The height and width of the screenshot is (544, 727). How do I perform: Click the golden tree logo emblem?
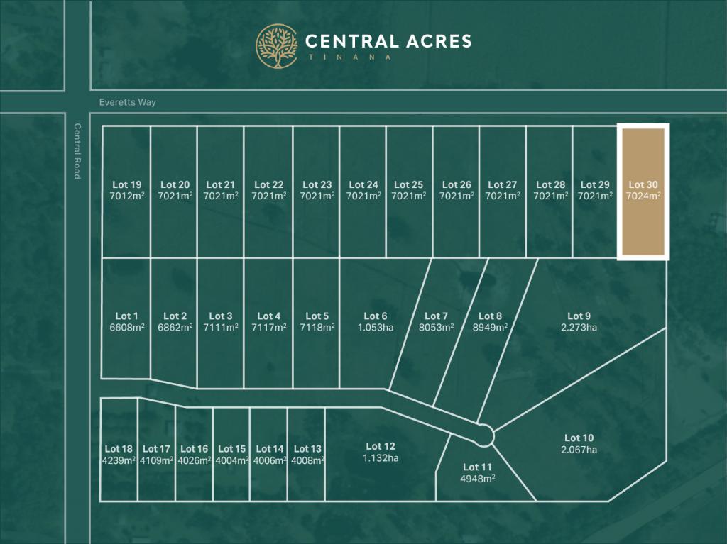(277, 46)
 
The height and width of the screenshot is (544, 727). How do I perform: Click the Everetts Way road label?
(129, 102)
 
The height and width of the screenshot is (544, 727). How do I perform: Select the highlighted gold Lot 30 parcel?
(643, 192)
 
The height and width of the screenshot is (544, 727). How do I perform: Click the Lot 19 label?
(126, 185)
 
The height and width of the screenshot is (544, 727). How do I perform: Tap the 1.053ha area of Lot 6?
(376, 328)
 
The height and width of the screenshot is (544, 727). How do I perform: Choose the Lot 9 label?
(579, 316)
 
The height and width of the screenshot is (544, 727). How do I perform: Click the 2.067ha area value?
(579, 450)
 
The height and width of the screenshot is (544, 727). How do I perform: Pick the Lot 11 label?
(477, 467)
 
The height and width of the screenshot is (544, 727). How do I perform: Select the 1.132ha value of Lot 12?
(381, 457)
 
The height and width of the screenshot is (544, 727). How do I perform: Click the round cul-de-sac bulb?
(484, 435)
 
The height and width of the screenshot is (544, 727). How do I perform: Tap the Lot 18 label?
(119, 448)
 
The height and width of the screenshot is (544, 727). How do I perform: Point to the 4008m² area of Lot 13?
(307, 460)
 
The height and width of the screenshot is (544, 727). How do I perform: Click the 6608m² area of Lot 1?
(126, 328)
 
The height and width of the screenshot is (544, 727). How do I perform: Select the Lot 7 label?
(436, 316)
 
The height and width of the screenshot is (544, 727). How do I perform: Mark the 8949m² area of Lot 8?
(491, 328)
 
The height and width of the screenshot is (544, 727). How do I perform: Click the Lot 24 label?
(362, 185)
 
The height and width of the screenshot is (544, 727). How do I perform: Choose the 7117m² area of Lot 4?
(269, 328)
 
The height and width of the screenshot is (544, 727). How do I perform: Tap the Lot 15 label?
(232, 448)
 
